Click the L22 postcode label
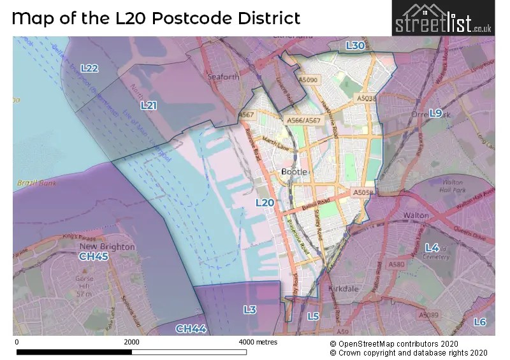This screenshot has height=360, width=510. point(89,68)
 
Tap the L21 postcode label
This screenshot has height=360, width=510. point(149,105)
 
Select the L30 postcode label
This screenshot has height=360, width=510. point(355,46)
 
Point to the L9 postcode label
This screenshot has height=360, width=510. point(435,113)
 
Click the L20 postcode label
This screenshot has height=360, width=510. point(265,203)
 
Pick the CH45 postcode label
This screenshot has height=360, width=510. point(93,256)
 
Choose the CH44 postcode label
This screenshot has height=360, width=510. point(191,329)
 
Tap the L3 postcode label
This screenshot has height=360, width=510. point(250,310)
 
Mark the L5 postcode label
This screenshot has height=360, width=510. point(313,316)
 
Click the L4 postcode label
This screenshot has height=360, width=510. point(432,247)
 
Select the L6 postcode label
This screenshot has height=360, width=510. point(480,322)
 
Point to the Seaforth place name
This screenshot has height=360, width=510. point(224,77)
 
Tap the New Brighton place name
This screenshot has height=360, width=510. point(107,246)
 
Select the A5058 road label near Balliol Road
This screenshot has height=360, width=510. point(362,191)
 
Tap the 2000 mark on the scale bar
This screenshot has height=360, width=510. point(131,342)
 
